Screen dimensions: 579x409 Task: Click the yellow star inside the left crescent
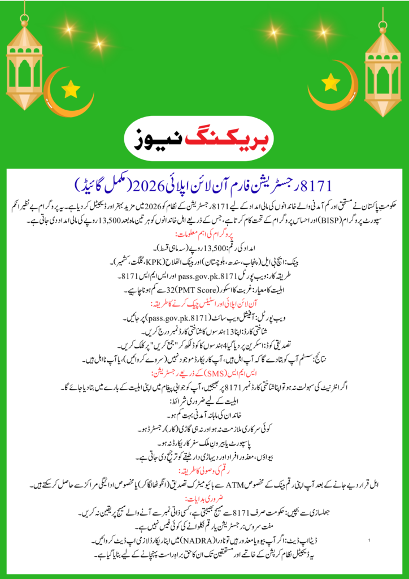[x=71, y=88]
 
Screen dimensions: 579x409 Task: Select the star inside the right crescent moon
[x=330, y=83]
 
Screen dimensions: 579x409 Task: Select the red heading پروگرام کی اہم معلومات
[x=204, y=234]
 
